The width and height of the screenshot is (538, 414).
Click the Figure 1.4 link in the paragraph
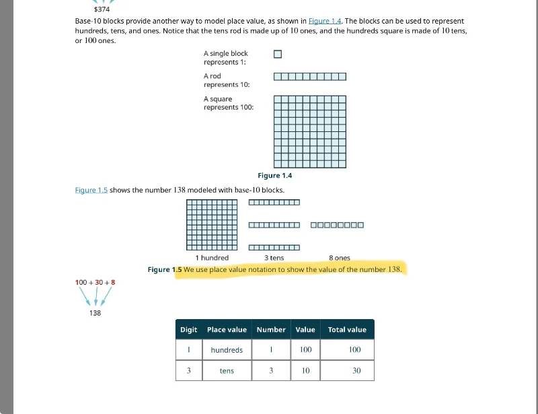pyautogui.click(x=324, y=22)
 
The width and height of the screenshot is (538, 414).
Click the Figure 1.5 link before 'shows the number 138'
pyautogui.click(x=91, y=190)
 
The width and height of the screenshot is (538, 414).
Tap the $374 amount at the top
pyautogui.click(x=102, y=9)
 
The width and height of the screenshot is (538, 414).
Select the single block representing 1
pyautogui.click(x=278, y=55)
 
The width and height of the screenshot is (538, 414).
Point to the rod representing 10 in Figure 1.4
pyautogui.click(x=310, y=77)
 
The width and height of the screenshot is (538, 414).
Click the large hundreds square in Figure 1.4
pyautogui.click(x=310, y=131)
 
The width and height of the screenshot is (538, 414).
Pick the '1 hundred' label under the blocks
pyautogui.click(x=212, y=258)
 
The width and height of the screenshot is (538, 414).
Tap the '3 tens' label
pyautogui.click(x=274, y=258)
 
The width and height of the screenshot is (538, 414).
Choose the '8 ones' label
pyautogui.click(x=340, y=258)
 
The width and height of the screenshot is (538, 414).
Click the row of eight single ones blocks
pyautogui.click(x=337, y=225)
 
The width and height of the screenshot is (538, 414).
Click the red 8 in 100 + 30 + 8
pyautogui.click(x=113, y=282)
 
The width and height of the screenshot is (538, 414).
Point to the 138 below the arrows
pyautogui.click(x=95, y=313)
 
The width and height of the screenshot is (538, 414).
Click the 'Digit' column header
pyautogui.click(x=189, y=330)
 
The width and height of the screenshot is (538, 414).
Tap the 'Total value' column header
pyautogui.click(x=347, y=330)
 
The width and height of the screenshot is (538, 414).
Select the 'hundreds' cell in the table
pyautogui.click(x=227, y=350)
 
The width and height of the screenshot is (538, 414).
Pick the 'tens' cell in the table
pyautogui.click(x=227, y=371)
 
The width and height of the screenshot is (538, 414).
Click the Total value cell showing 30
pyautogui.click(x=356, y=371)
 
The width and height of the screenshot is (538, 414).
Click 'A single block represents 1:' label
pyautogui.click(x=226, y=58)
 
